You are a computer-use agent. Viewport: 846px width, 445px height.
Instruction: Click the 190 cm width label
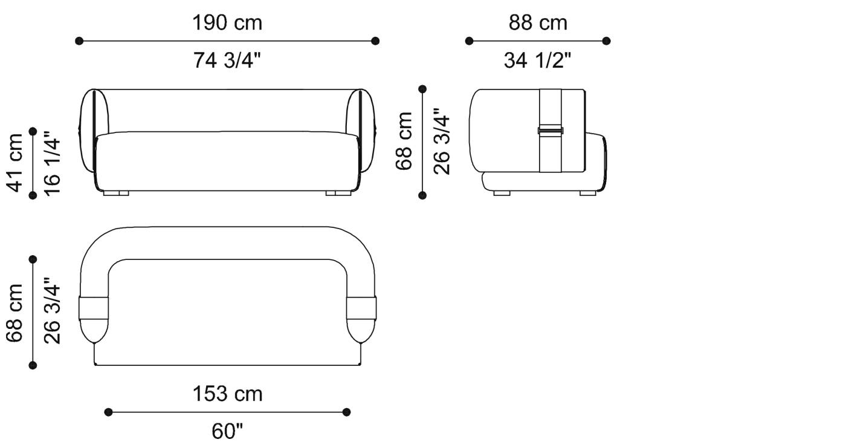pyautogui.click(x=227, y=22)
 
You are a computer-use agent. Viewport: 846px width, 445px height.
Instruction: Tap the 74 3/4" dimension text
pyautogui.click(x=227, y=60)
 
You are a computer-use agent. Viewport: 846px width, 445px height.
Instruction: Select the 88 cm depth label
pyautogui.click(x=538, y=22)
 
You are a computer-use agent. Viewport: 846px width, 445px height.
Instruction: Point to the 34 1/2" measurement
pyautogui.click(x=537, y=60)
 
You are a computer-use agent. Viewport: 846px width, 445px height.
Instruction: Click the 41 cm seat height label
pyautogui.click(x=15, y=163)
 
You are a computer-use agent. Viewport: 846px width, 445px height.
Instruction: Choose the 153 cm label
pyautogui.click(x=227, y=394)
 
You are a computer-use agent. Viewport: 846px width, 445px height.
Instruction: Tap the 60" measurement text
pyautogui.click(x=227, y=431)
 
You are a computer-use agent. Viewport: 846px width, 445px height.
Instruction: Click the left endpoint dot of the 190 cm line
pyautogui.click(x=79, y=41)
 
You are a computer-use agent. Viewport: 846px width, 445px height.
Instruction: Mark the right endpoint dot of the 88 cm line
pyautogui.click(x=606, y=41)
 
